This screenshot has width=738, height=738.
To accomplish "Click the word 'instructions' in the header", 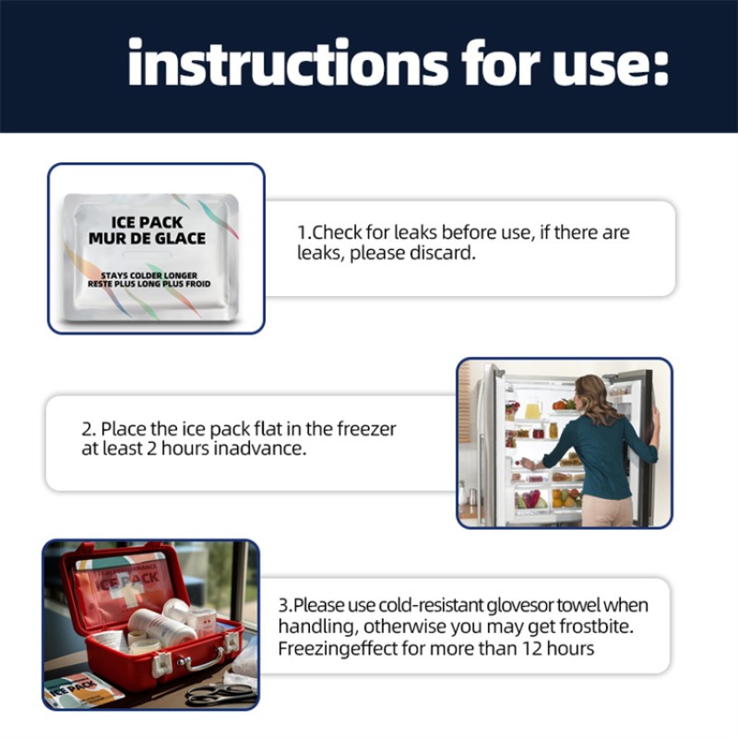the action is tap(288, 63).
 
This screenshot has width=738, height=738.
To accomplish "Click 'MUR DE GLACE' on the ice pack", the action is tap(147, 238).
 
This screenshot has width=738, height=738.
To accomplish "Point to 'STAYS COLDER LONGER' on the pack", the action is tap(149, 275).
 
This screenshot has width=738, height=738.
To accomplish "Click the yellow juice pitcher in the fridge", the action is tap(533, 409).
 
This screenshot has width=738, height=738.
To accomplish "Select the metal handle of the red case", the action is tap(201, 660).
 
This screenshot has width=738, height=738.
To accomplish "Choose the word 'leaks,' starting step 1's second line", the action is tap(321, 253).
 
